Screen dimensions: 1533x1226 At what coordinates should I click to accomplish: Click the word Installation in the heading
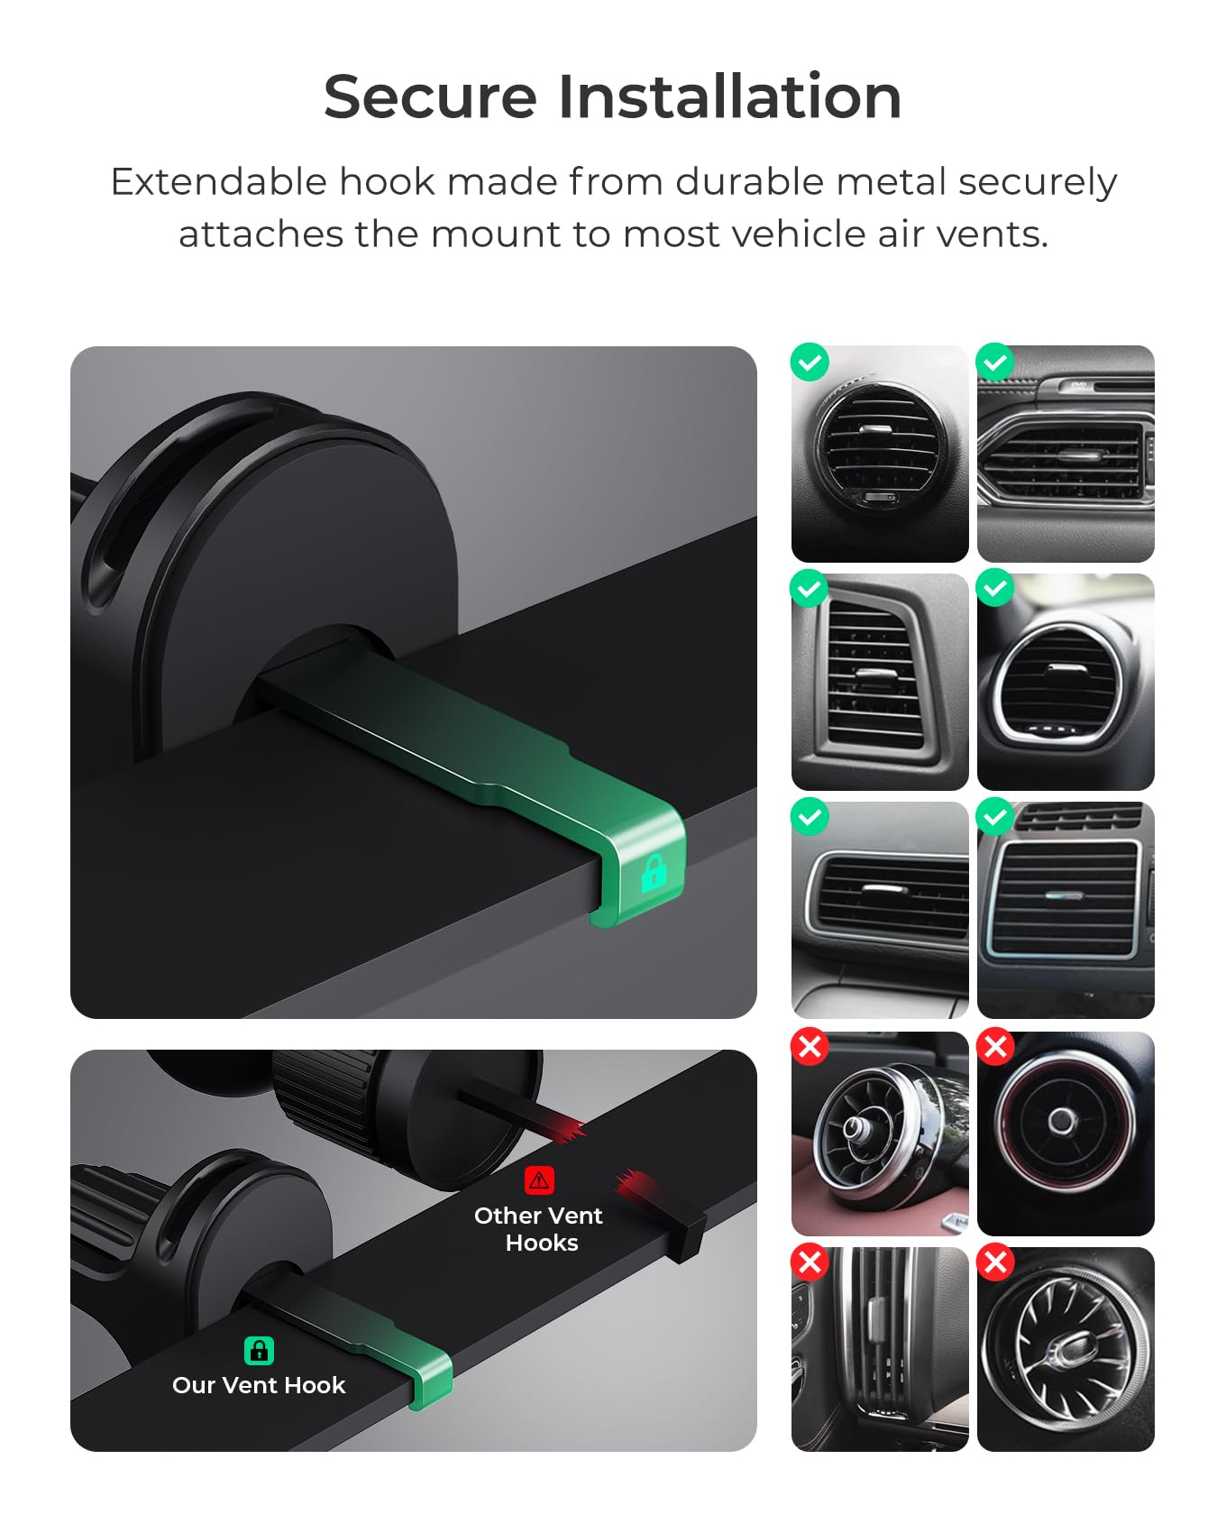[x=730, y=96]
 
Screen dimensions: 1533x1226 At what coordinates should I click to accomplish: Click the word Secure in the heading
[x=430, y=96]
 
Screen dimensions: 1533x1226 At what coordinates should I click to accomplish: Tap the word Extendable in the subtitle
[x=218, y=182]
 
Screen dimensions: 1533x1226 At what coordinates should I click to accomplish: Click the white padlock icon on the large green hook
[x=654, y=872]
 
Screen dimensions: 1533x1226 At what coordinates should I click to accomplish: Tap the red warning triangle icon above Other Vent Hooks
[x=539, y=1180]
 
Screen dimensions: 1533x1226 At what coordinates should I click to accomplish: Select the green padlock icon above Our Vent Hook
[x=259, y=1350]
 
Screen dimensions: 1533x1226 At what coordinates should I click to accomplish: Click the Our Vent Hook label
[x=259, y=1385]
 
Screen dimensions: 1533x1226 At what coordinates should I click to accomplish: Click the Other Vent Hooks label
[x=539, y=1229]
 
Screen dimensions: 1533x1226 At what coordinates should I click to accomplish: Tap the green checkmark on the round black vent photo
[x=810, y=363]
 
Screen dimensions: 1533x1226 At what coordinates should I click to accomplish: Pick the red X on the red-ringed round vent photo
[x=996, y=1047]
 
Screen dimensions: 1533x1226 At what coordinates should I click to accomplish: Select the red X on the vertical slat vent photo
[x=810, y=1262]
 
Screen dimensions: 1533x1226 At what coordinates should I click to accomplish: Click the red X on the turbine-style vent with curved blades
[x=996, y=1262]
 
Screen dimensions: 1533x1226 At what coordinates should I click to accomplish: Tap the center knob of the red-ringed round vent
[x=1062, y=1121]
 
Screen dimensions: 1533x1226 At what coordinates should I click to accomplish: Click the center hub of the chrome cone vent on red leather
[x=854, y=1127]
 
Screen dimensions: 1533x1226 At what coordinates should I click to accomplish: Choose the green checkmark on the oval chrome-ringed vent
[x=996, y=590]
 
